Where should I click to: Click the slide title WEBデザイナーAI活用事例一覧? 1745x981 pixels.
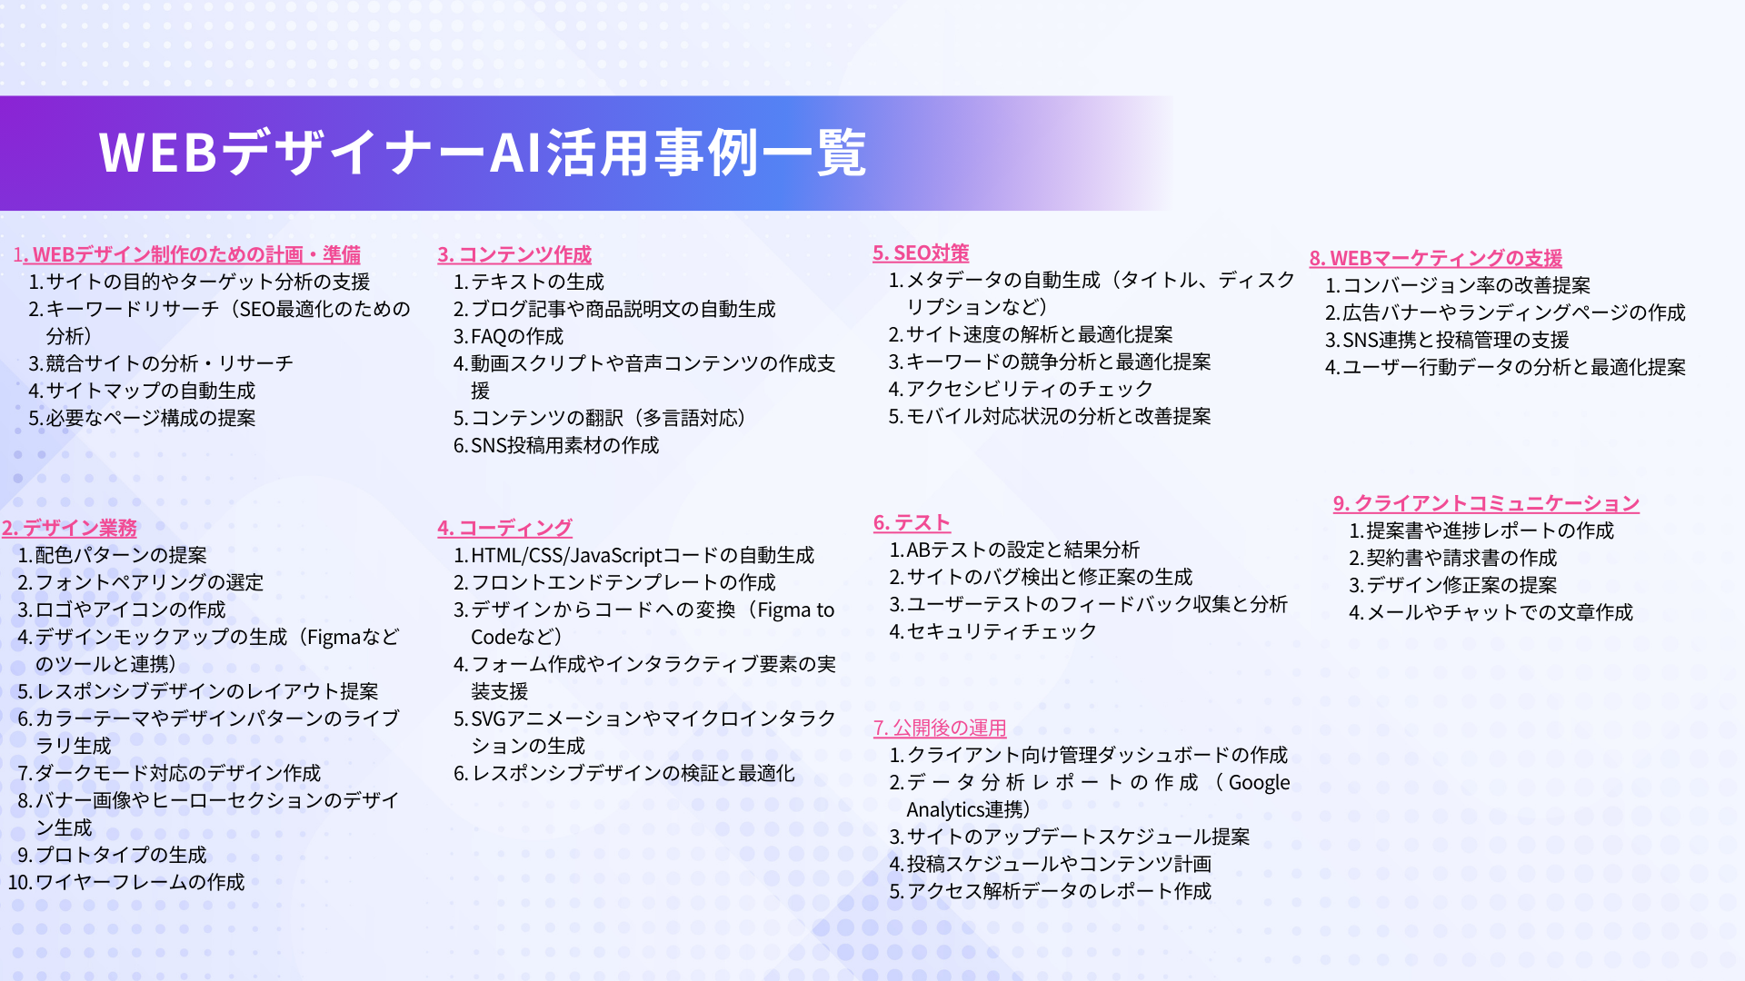coord(483,153)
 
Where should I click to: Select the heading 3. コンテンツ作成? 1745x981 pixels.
coord(514,254)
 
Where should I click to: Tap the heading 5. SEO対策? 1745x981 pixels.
coord(921,253)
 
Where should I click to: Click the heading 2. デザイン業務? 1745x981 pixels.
coord(69,528)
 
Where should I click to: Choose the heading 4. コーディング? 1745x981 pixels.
coord(504,528)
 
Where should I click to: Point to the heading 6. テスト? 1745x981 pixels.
coord(912,522)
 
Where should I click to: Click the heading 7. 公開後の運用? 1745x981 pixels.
coord(940,728)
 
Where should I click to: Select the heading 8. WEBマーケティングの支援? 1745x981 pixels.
coord(1436,258)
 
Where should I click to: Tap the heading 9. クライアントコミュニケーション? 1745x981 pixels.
coord(1486,503)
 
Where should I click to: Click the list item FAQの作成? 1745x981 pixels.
coord(517,336)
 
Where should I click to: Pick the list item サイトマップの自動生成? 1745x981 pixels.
coord(151,391)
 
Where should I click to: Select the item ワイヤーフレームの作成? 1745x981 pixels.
coord(140,882)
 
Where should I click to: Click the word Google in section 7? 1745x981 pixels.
coord(1259,783)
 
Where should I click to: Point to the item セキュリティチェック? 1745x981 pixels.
coord(1002,631)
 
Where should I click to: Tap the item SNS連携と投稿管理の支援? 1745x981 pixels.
coord(1456,340)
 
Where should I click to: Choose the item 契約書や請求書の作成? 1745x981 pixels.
coord(1461,558)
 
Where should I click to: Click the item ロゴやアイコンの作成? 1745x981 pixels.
coord(130,609)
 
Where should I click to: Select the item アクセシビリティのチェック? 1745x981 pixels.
coord(1030,389)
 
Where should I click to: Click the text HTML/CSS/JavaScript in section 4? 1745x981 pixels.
coord(566,555)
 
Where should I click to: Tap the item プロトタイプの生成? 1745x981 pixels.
coord(121,855)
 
